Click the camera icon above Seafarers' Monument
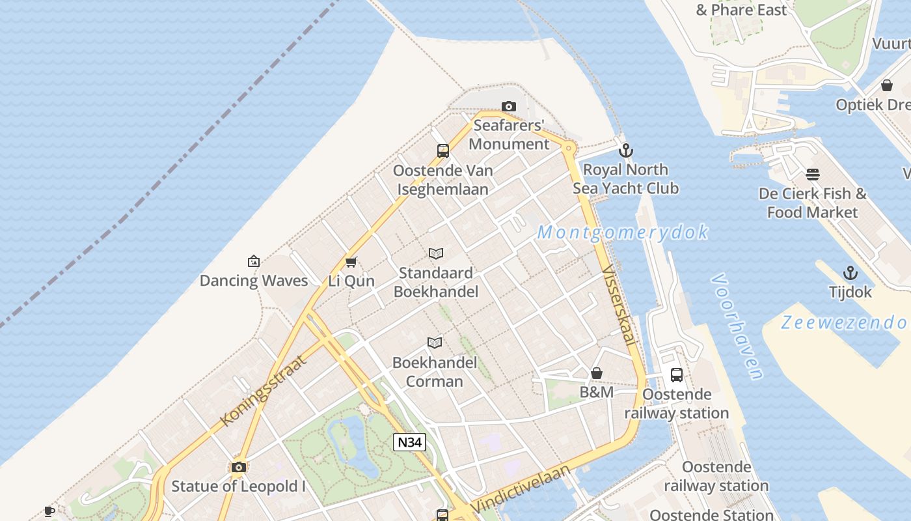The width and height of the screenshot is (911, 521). (509, 106)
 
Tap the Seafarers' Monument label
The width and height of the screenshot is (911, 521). (509, 135)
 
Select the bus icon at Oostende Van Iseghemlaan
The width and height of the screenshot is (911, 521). (443, 151)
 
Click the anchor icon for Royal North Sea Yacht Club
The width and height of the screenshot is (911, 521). (625, 150)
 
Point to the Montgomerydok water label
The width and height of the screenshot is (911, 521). (623, 232)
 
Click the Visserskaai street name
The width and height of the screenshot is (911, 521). (619, 305)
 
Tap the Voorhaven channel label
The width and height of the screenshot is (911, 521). (737, 326)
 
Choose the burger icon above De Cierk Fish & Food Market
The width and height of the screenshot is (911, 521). (813, 175)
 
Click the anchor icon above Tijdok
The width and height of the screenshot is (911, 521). (850, 273)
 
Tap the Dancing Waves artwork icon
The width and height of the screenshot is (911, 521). (254, 261)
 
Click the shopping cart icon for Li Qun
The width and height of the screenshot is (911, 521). (351, 262)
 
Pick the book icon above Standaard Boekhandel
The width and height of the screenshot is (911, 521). (436, 253)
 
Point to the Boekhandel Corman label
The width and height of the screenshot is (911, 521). (435, 372)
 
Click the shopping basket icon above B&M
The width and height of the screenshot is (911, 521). (597, 373)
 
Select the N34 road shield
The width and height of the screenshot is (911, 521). (410, 442)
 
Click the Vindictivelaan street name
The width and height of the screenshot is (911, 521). (520, 488)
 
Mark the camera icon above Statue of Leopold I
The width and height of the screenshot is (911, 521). (239, 467)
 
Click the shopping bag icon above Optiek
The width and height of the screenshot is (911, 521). (886, 85)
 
